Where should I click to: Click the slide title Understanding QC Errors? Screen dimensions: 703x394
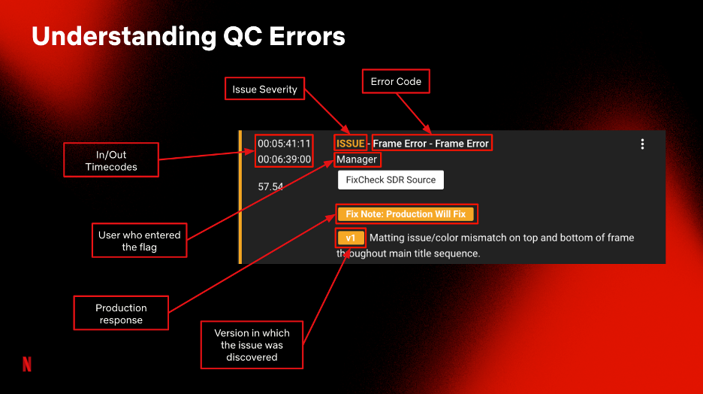(x=189, y=37)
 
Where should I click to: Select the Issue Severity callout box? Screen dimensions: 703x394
(x=264, y=89)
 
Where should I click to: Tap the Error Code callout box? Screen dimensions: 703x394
(x=396, y=81)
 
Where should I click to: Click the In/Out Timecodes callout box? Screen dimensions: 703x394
(x=111, y=160)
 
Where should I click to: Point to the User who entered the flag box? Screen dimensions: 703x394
(x=140, y=241)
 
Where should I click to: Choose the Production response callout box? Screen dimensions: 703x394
(x=121, y=314)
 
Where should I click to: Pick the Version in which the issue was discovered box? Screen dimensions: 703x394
(x=252, y=344)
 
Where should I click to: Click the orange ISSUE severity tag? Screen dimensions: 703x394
(x=350, y=144)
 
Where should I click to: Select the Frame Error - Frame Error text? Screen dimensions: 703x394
(x=431, y=144)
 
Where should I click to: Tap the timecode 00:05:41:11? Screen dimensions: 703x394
(x=284, y=144)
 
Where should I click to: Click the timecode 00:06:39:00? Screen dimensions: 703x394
(x=284, y=159)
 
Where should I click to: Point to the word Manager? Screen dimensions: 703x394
(x=357, y=159)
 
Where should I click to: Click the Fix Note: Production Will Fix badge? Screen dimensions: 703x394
(x=406, y=214)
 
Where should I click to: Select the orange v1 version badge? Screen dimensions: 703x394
(x=351, y=238)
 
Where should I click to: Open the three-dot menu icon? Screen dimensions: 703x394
(x=642, y=144)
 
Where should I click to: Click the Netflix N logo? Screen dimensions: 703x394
(x=27, y=364)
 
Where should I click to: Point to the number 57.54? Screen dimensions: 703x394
(x=270, y=186)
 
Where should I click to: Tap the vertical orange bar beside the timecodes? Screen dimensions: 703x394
(x=240, y=197)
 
